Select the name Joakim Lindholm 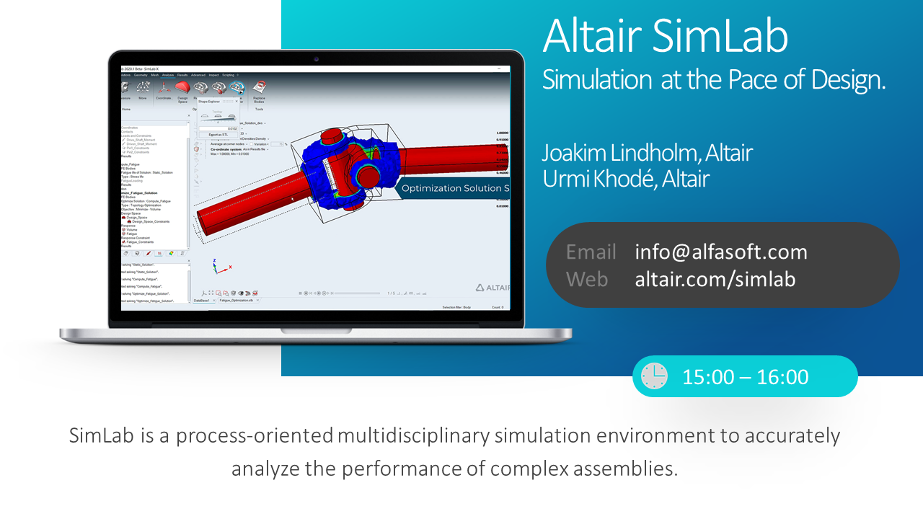[x=620, y=153]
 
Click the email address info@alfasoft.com [x=721, y=252]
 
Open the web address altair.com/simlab [x=715, y=279]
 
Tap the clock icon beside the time [x=654, y=376]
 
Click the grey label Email [x=591, y=252]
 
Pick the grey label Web [x=586, y=279]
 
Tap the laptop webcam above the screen [x=316, y=58]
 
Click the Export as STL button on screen [x=217, y=134]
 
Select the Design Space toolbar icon [x=182, y=89]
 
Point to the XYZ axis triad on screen [x=220, y=266]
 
